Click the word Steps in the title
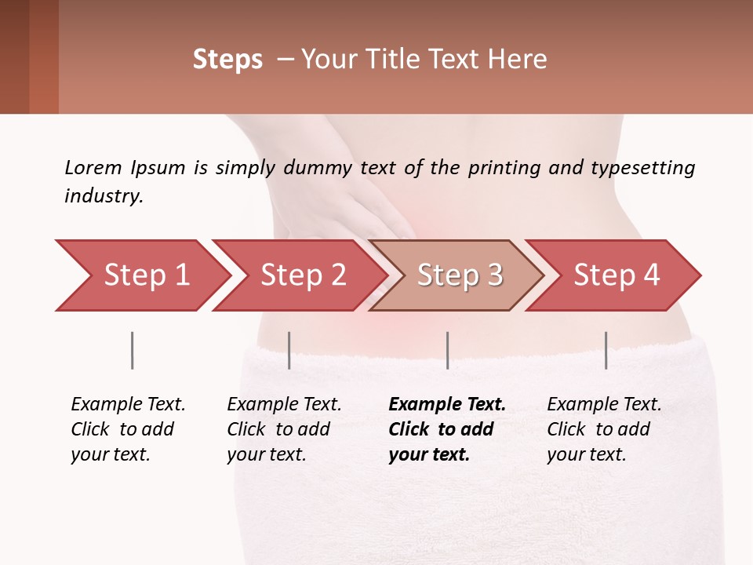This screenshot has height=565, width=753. (x=227, y=60)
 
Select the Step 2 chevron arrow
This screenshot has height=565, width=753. (x=303, y=275)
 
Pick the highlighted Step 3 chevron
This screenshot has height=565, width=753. (x=460, y=275)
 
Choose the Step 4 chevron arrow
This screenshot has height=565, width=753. (x=617, y=275)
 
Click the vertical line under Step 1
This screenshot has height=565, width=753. (x=133, y=350)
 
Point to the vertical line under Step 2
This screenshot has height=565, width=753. (x=289, y=350)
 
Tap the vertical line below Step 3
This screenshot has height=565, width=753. (x=447, y=350)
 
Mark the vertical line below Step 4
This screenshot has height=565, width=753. (x=606, y=350)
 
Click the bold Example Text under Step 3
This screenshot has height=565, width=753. (x=447, y=404)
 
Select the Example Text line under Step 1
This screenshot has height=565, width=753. (x=128, y=404)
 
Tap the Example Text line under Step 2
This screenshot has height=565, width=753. (x=284, y=404)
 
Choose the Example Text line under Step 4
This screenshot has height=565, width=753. (x=604, y=404)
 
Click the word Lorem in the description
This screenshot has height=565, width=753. (x=93, y=167)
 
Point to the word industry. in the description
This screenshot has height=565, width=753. (x=104, y=196)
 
